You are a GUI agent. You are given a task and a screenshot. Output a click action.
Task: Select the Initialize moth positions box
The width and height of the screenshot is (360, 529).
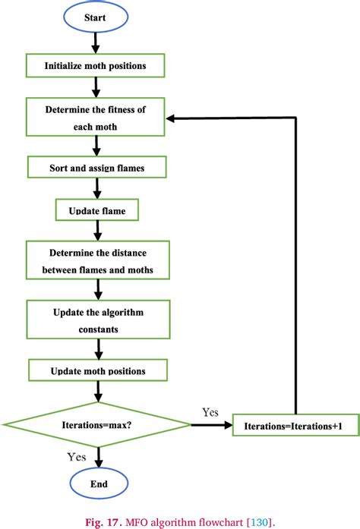point(96,65)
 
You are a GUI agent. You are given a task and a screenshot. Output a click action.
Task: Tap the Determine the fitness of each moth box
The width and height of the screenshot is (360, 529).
point(96,118)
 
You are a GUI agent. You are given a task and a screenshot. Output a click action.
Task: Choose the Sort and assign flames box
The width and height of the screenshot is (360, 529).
point(96,167)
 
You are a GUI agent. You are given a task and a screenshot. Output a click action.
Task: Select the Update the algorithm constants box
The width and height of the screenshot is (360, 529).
point(96,320)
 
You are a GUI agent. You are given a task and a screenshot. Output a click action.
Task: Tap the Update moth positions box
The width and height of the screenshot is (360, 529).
point(96,371)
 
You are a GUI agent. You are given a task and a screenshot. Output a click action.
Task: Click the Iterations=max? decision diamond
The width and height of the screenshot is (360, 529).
point(96,425)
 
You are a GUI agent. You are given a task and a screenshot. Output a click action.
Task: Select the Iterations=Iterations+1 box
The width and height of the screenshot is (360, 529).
point(292,426)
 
